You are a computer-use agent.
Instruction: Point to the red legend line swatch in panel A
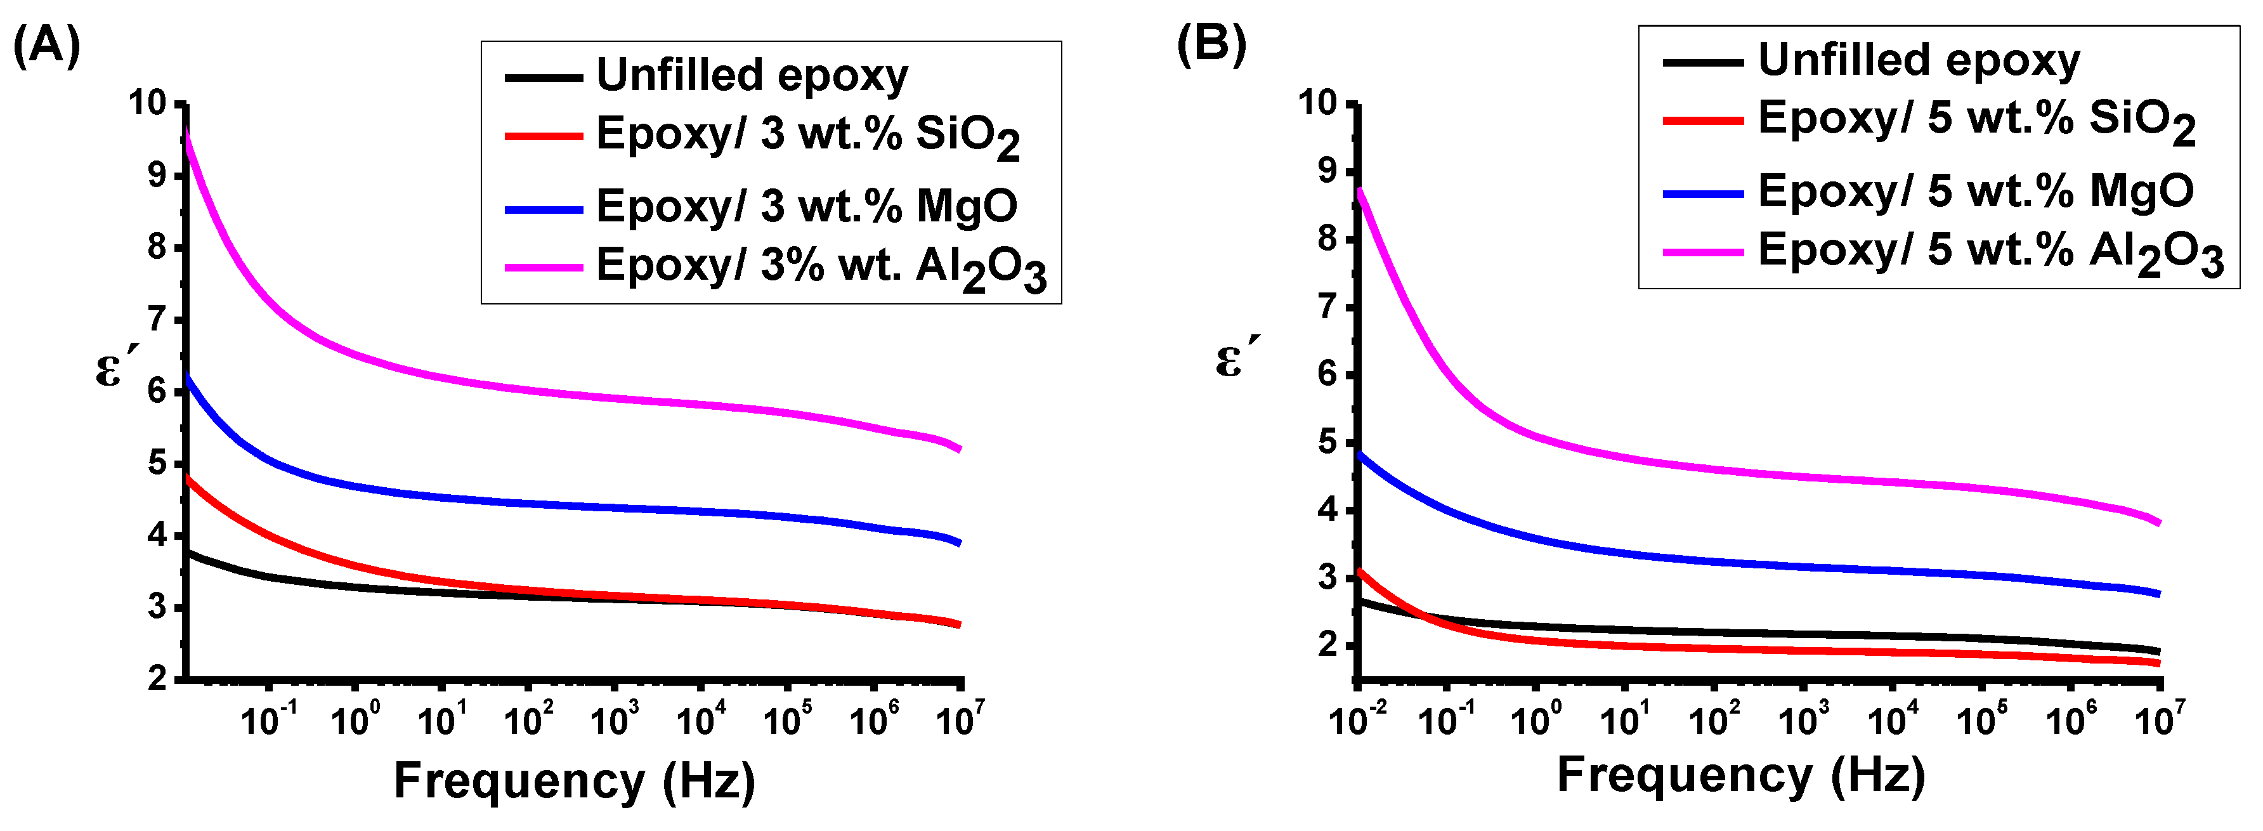(543, 136)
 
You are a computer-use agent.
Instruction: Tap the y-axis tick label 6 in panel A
(157, 391)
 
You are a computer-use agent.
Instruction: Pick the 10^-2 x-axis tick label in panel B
(1357, 721)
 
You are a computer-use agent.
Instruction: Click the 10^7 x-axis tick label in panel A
(960, 721)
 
